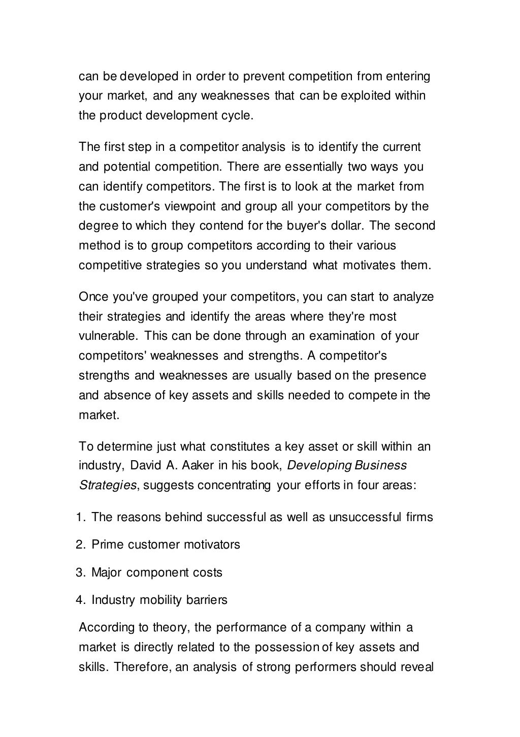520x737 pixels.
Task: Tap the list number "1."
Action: pyautogui.click(x=81, y=518)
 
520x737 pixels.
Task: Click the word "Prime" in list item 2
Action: pyautogui.click(x=108, y=545)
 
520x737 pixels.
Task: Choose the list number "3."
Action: pyautogui.click(x=81, y=573)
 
